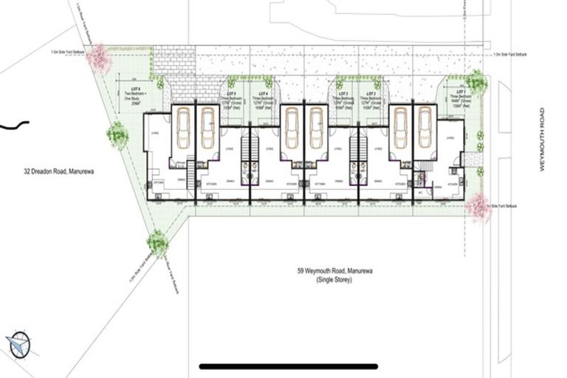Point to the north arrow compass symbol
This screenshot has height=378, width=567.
tap(18, 344)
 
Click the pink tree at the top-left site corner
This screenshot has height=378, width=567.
tap(98, 58)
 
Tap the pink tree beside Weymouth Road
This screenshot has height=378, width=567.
tap(479, 208)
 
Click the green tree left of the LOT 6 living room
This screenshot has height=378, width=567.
tap(117, 134)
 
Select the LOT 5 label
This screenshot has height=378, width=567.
tap(230, 94)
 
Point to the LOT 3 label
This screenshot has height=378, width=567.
tap(342, 94)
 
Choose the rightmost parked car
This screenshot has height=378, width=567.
tap(425, 128)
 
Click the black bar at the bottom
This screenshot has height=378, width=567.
tap(289, 366)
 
